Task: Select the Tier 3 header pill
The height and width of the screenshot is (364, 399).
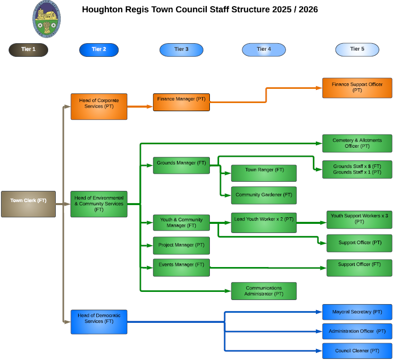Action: [181, 49]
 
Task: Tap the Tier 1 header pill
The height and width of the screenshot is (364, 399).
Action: [28, 49]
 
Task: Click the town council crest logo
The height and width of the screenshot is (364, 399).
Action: [46, 19]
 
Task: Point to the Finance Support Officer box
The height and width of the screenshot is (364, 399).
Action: [357, 87]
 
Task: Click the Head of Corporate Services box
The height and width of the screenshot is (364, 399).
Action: [99, 106]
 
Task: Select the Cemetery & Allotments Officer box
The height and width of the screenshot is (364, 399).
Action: [357, 143]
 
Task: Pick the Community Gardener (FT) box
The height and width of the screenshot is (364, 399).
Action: [264, 195]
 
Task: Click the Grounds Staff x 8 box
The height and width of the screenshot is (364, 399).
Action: [357, 169]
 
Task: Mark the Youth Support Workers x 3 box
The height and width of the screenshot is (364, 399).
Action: [359, 219]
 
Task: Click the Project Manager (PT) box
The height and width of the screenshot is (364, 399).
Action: [181, 245]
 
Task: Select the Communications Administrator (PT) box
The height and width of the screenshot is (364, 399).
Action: [264, 291]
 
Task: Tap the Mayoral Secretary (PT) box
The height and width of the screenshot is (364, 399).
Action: [357, 312]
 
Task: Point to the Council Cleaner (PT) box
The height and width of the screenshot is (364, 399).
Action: [357, 351]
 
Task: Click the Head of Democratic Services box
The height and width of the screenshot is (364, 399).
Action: [99, 321]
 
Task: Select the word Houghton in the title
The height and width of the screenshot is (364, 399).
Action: [102, 9]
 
